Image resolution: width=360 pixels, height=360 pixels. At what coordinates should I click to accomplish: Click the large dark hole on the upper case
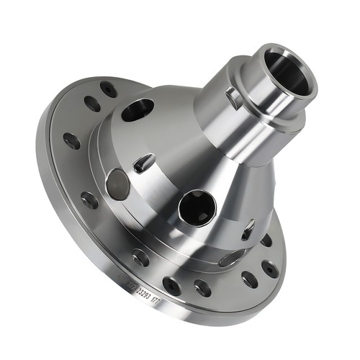138,109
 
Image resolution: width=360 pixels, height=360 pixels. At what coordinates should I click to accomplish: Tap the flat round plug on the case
117,184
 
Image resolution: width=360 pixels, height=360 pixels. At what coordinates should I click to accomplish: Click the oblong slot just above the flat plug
144,163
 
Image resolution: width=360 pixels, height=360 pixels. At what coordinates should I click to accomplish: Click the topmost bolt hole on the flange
108,89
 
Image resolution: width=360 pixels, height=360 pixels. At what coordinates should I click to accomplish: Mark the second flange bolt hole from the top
92,104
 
